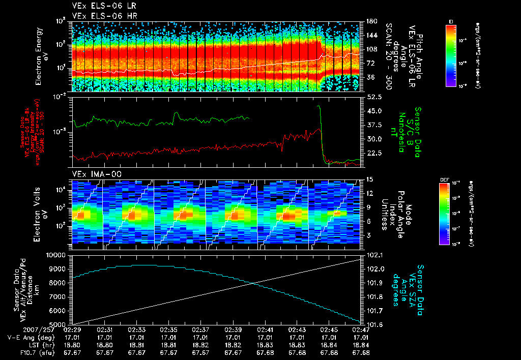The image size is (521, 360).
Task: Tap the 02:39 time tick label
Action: pyautogui.click(x=233, y=330)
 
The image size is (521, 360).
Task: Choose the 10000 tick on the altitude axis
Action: pyautogui.click(x=57, y=255)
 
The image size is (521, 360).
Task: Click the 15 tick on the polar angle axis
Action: pyautogui.click(x=369, y=179)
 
